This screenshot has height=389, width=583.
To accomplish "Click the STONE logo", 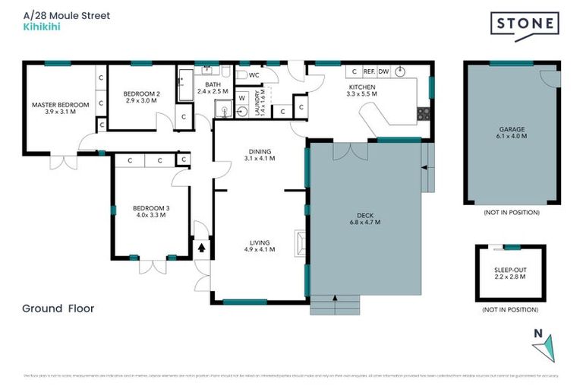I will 525,24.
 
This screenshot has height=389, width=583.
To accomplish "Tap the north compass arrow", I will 544,347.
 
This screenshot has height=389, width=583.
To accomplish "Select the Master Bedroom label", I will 61,105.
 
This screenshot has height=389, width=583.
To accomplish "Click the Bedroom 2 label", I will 142,94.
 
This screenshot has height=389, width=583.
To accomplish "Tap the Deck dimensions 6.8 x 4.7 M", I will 365,223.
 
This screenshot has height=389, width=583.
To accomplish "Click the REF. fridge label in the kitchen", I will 370,71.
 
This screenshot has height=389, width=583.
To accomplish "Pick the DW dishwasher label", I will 384,71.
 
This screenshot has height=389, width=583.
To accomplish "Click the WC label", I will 254,75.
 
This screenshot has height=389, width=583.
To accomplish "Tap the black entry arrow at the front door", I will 202,246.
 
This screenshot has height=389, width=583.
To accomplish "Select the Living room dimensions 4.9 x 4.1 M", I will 260,250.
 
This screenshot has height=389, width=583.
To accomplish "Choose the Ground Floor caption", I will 58,308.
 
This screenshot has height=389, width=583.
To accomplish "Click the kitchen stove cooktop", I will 424,115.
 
